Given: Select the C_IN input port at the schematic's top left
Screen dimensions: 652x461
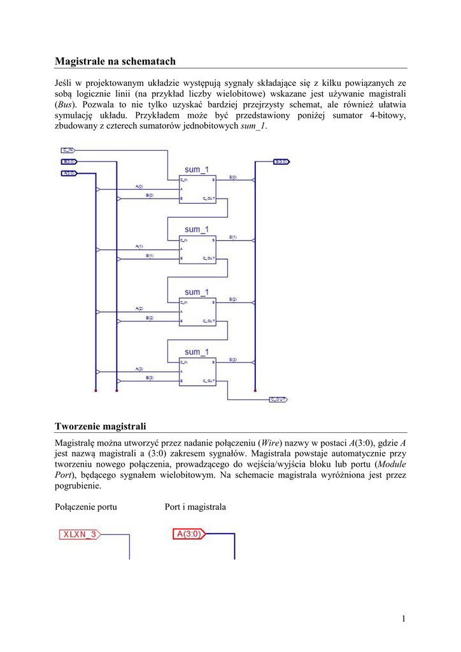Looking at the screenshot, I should click(x=69, y=150).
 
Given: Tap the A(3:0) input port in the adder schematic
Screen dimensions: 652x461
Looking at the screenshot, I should click(x=69, y=173).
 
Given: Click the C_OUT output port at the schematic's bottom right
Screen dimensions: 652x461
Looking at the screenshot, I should click(x=278, y=400).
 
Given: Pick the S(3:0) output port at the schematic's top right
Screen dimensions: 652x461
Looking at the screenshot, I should click(x=281, y=162).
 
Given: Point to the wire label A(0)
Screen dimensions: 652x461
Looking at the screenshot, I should click(x=139, y=187).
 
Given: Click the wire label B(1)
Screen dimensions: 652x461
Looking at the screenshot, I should click(x=150, y=255).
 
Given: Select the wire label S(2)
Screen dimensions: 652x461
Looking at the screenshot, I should click(x=233, y=299).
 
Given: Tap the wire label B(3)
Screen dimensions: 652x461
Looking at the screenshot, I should click(x=150, y=378).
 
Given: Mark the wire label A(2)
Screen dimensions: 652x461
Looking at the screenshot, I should click(x=139, y=308).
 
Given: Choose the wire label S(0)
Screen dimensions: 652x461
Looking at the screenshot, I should click(x=233, y=177).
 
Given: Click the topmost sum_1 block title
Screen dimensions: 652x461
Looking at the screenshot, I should click(x=196, y=169).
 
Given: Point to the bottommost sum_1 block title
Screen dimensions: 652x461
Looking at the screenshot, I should click(x=196, y=352).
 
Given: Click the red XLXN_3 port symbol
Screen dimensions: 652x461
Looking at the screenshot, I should click(x=79, y=535).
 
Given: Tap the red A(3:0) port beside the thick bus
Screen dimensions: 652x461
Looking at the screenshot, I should click(x=188, y=534).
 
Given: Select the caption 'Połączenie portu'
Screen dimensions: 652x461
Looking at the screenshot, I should click(x=86, y=507).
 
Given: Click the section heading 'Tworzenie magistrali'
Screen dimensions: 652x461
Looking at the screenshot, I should click(x=101, y=425).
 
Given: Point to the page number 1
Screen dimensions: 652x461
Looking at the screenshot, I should click(x=404, y=618).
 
